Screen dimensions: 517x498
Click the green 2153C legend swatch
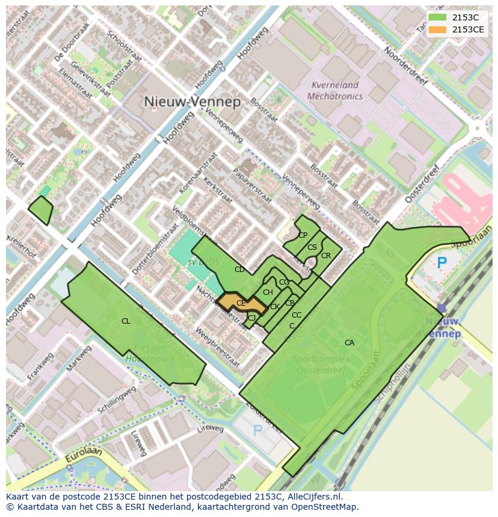(x=438, y=17)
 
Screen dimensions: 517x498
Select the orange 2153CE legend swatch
(x=438, y=29)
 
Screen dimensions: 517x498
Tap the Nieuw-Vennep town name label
(x=192, y=101)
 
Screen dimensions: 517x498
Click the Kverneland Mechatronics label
(x=335, y=91)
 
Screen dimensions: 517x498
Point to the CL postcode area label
(x=126, y=321)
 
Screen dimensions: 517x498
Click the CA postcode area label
(x=349, y=343)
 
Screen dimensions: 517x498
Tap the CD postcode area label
(x=239, y=270)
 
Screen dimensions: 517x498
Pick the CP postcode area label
(x=303, y=235)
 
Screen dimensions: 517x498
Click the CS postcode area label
(x=312, y=247)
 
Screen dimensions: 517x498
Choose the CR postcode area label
(x=325, y=255)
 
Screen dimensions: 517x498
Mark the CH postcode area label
(x=268, y=292)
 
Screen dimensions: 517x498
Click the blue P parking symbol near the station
(x=442, y=262)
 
